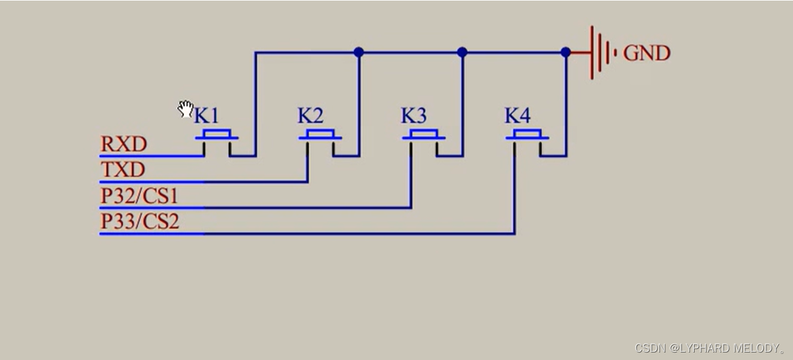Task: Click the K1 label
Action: [x=207, y=116]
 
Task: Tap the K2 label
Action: [x=310, y=116]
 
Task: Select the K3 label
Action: [x=413, y=116]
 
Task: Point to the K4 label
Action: [x=517, y=116]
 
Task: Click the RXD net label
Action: [x=124, y=145]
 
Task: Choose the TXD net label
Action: [x=122, y=170]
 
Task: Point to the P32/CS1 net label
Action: [x=139, y=196]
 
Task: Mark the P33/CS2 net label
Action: [x=140, y=221]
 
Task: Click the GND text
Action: [x=646, y=53]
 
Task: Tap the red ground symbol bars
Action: [x=600, y=53]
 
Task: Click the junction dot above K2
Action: [x=359, y=53]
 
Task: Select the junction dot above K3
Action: [x=462, y=53]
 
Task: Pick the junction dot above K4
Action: [x=565, y=53]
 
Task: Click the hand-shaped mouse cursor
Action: [x=186, y=109]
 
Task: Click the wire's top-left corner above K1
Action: [x=255, y=53]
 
